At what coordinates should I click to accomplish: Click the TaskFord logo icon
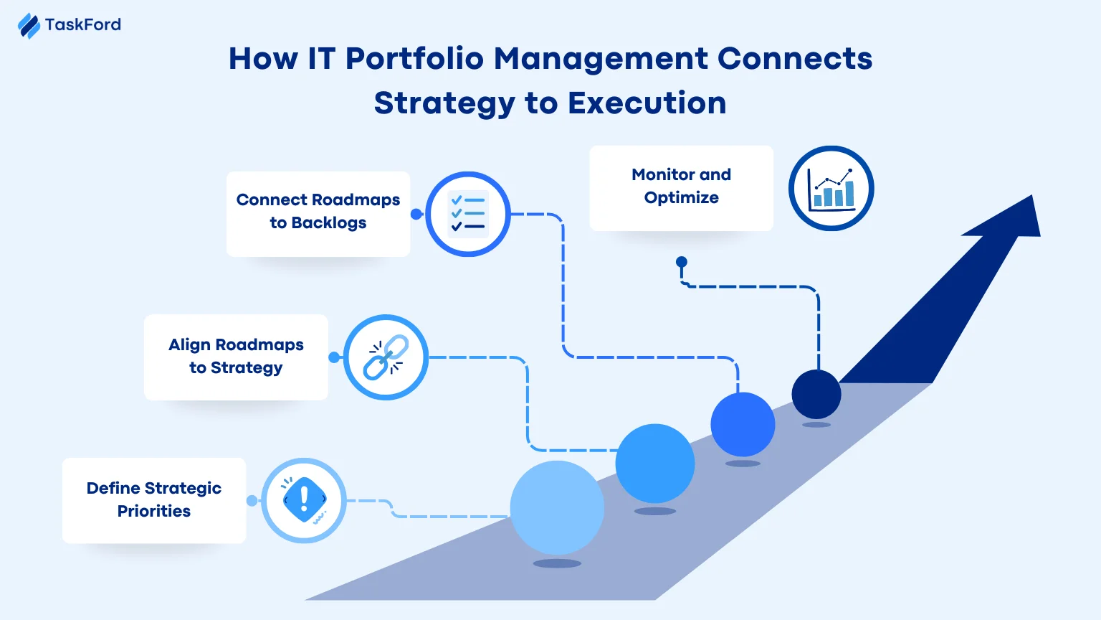(x=29, y=26)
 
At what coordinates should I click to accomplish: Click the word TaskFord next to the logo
(x=83, y=25)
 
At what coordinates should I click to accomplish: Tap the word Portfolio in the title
(x=414, y=59)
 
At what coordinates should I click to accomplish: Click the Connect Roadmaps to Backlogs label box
(x=318, y=213)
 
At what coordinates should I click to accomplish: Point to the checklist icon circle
(x=468, y=214)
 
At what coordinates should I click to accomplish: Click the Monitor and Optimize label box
(x=681, y=187)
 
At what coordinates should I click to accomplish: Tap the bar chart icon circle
(x=831, y=189)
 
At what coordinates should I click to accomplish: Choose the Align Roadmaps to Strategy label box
(x=236, y=357)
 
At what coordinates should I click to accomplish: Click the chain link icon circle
(x=386, y=357)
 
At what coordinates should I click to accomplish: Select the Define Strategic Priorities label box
(x=154, y=500)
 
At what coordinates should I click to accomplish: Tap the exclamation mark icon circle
(x=304, y=500)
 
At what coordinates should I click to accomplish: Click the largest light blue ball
(x=557, y=507)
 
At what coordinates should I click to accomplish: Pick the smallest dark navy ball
(x=816, y=394)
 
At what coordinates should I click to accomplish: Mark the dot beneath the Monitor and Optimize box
(x=682, y=262)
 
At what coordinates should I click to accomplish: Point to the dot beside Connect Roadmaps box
(x=416, y=214)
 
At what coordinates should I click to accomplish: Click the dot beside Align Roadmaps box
(x=334, y=357)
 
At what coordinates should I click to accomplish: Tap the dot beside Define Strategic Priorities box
(x=252, y=501)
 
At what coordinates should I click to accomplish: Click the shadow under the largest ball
(x=557, y=563)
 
